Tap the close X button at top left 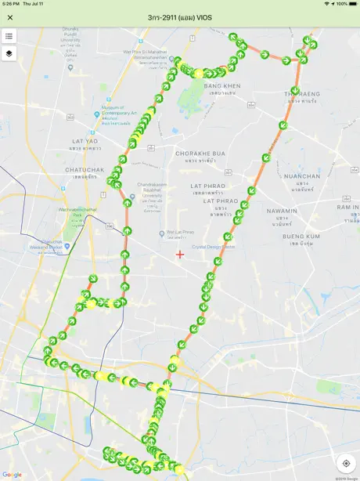coord(10,17)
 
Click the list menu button coord(9,36)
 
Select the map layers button coord(9,53)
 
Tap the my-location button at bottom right coord(346,463)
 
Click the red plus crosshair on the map coord(180,254)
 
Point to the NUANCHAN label coord(302,176)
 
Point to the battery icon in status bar coord(353,4)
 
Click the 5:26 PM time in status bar coord(11,4)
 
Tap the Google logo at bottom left coord(12,475)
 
